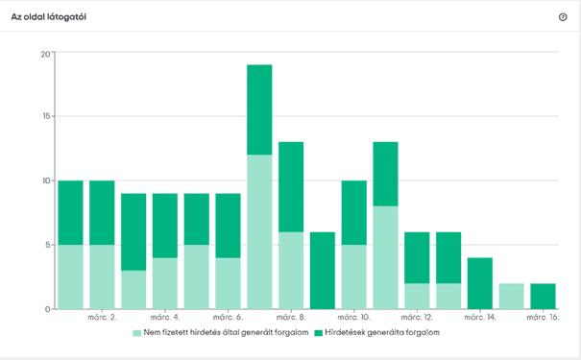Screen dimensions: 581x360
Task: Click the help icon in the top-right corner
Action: tap(563, 17)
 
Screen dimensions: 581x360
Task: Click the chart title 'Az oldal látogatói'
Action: tap(49, 17)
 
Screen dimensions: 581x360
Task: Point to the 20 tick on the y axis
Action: tap(45, 54)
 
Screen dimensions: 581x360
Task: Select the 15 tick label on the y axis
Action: tap(45, 116)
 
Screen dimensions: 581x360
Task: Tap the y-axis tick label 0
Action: tap(47, 309)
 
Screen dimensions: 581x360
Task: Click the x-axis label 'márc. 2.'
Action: tap(102, 318)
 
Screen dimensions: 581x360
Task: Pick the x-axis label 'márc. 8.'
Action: tap(291, 318)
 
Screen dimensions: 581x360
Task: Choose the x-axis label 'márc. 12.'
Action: tap(417, 318)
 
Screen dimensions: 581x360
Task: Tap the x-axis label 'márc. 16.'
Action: tap(543, 318)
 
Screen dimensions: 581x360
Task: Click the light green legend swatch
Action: tap(136, 333)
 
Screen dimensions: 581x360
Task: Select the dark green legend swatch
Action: tap(318, 333)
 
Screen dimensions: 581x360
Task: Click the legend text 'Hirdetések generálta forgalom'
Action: tap(382, 332)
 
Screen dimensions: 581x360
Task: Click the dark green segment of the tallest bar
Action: tap(259, 109)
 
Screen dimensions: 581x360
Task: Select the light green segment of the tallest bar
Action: tap(259, 232)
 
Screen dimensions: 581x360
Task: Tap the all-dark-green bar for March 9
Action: tap(323, 271)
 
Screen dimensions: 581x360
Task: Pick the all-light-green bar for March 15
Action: tap(511, 297)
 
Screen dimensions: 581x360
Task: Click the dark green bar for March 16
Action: tap(543, 297)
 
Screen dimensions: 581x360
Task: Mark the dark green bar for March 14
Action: tap(480, 283)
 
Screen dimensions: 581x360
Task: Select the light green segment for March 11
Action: tap(385, 258)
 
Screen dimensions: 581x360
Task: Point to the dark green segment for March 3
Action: tap(133, 232)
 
